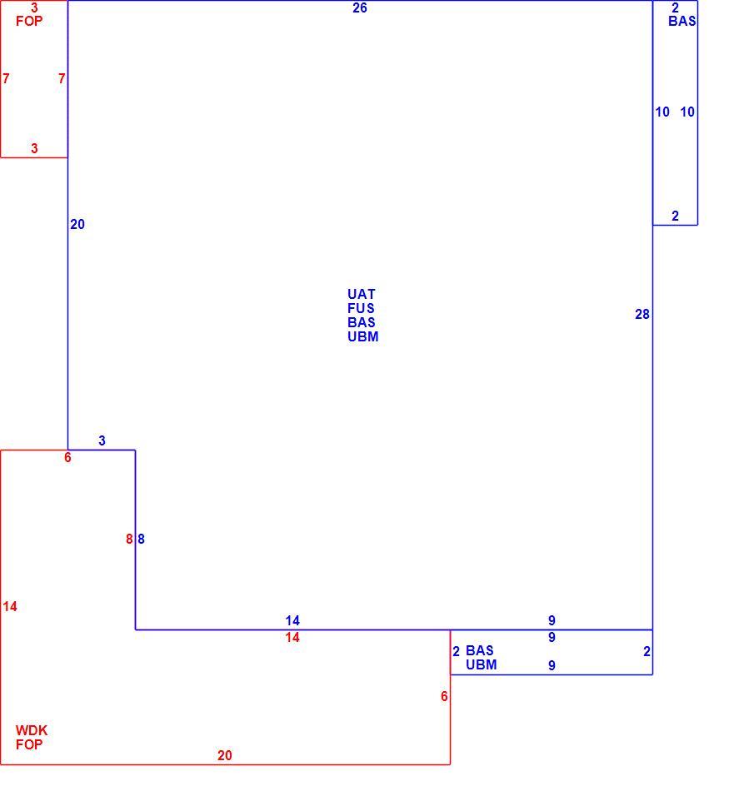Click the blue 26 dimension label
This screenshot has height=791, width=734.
(359, 7)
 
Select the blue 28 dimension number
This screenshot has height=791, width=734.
(642, 314)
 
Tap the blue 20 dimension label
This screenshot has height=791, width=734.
(77, 225)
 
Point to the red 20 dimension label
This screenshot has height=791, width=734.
(225, 755)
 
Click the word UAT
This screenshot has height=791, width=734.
(362, 294)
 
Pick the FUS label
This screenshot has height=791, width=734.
(361, 308)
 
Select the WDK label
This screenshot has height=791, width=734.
(32, 730)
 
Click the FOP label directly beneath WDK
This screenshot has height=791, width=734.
(29, 744)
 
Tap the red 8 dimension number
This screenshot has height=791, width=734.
(129, 539)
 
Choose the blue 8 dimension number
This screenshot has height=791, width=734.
(142, 539)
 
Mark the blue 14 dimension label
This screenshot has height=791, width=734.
(292, 620)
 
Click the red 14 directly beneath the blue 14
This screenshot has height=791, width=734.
(292, 637)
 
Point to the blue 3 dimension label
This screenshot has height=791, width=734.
(102, 440)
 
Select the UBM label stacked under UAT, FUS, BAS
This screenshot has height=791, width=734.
(363, 336)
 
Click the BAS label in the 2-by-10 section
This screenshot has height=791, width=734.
(682, 21)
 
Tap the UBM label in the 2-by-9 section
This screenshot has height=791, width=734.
(481, 664)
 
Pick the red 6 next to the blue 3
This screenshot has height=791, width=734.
(67, 458)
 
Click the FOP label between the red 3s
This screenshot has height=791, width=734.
(29, 21)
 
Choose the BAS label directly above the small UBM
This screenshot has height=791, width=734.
(480, 650)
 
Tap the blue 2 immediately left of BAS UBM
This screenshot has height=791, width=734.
(457, 651)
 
